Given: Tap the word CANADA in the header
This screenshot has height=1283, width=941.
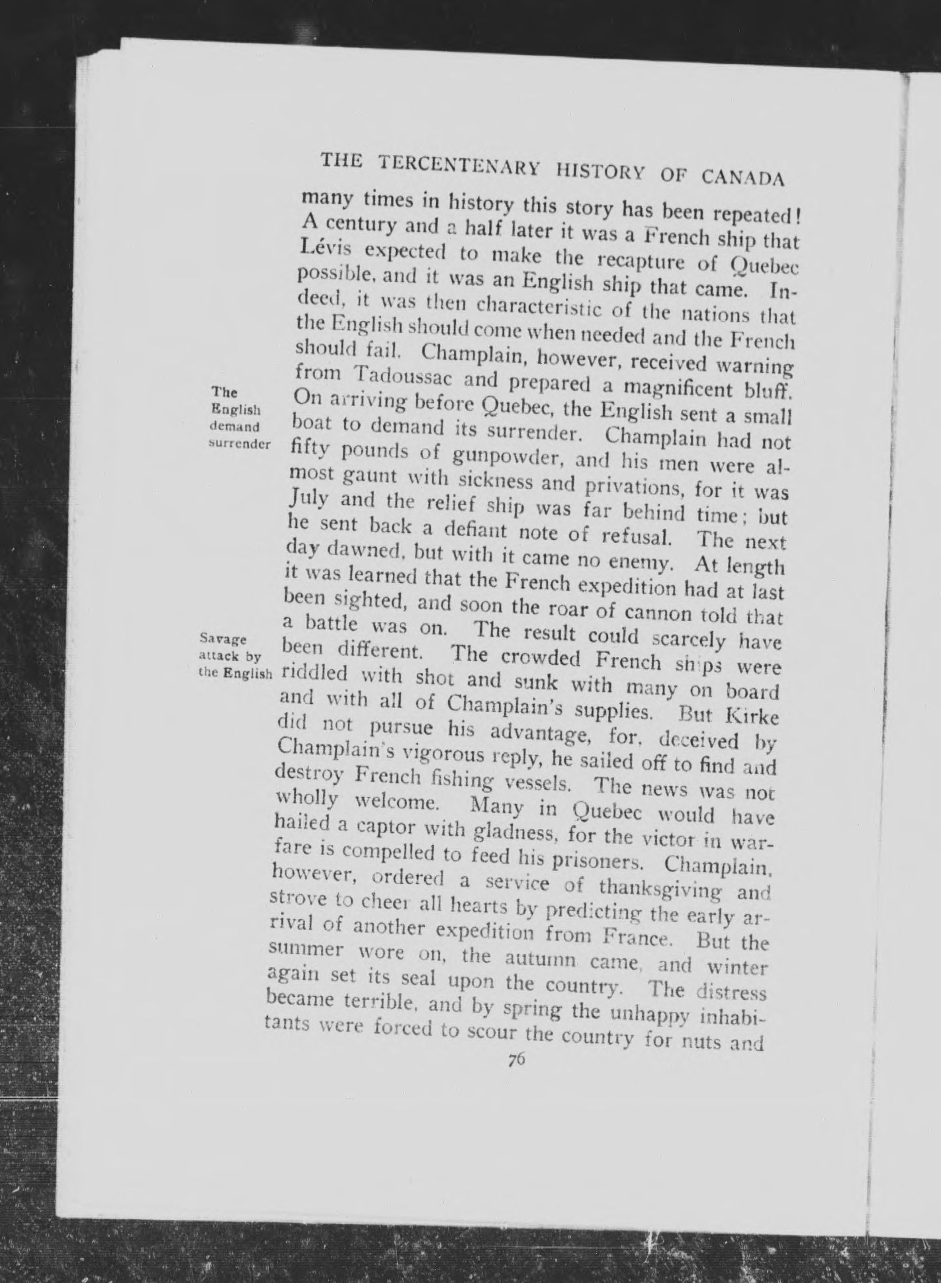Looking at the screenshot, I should pyautogui.click(x=742, y=177).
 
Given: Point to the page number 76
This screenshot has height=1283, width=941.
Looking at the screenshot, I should pyautogui.click(x=516, y=1059).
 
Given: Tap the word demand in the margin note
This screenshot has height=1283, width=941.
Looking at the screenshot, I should pyautogui.click(x=234, y=427).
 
